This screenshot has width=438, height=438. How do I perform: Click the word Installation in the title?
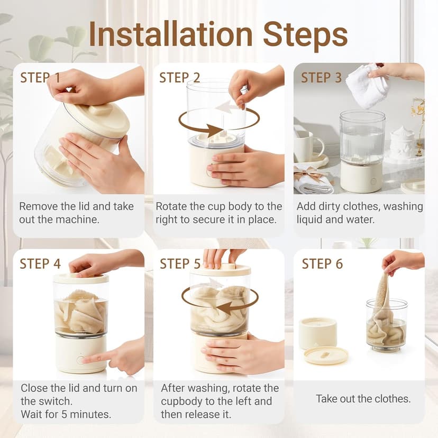click(171, 34)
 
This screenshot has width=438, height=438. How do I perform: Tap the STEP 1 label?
click(40, 77)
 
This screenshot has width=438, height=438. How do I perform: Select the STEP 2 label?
click(180, 77)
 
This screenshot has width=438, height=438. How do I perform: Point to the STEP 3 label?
click(321, 77)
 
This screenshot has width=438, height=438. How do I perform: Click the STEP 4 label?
click(40, 263)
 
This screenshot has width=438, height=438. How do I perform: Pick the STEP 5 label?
click(180, 263)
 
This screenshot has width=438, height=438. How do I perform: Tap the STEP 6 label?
click(322, 263)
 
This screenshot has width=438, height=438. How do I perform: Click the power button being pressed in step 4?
click(80, 360)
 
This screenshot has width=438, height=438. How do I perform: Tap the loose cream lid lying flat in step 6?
click(326, 355)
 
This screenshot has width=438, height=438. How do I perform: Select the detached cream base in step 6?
click(318, 333)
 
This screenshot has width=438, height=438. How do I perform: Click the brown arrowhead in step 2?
click(215, 131)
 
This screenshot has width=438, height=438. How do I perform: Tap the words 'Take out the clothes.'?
click(363, 399)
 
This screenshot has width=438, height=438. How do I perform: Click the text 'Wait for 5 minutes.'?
click(66, 414)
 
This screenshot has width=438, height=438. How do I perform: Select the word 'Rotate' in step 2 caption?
click(171, 206)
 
